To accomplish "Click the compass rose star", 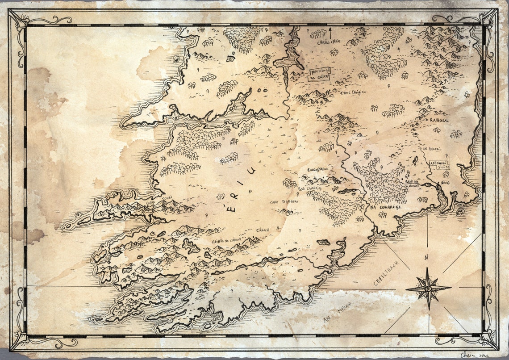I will (x=428, y=288).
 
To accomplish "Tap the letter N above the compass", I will (x=426, y=257).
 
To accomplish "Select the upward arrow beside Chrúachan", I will (x=330, y=33).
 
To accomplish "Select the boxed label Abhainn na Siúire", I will (x=439, y=164).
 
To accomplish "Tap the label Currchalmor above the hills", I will (x=318, y=170).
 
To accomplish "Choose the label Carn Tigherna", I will (x=284, y=202).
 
